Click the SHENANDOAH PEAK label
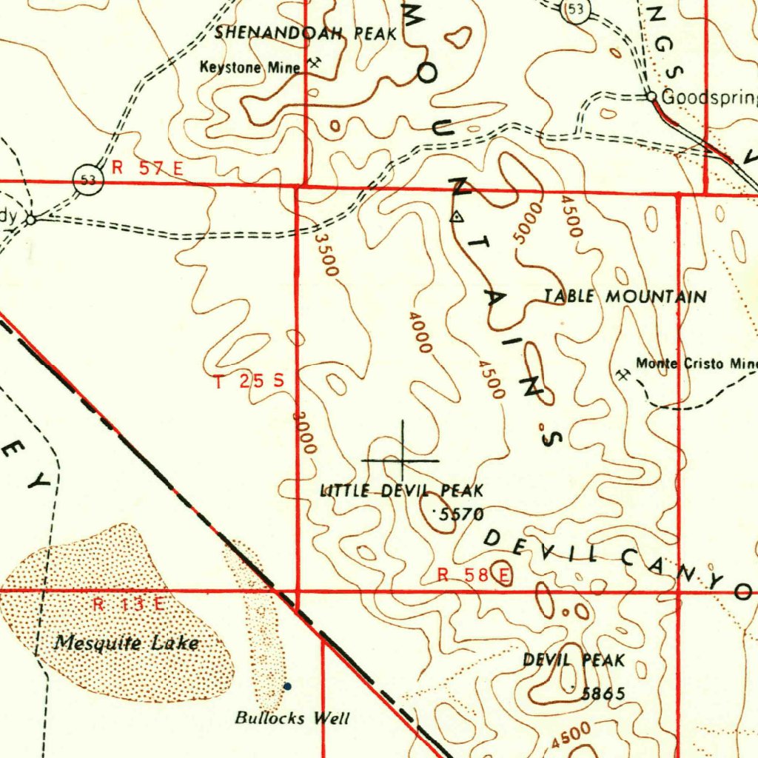(306, 33)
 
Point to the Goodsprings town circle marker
(651, 96)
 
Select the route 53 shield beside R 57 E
(87, 178)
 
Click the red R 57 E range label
(147, 168)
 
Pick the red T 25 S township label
(249, 382)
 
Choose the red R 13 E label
(129, 604)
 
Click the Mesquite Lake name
(126, 643)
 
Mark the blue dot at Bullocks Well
(288, 686)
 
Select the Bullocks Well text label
(292, 717)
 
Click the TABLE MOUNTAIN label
(625, 297)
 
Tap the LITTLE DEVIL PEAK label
(401, 490)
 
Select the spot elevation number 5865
(603, 694)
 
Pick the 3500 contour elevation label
(326, 255)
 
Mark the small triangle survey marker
(457, 217)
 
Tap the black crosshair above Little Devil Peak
(402, 460)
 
